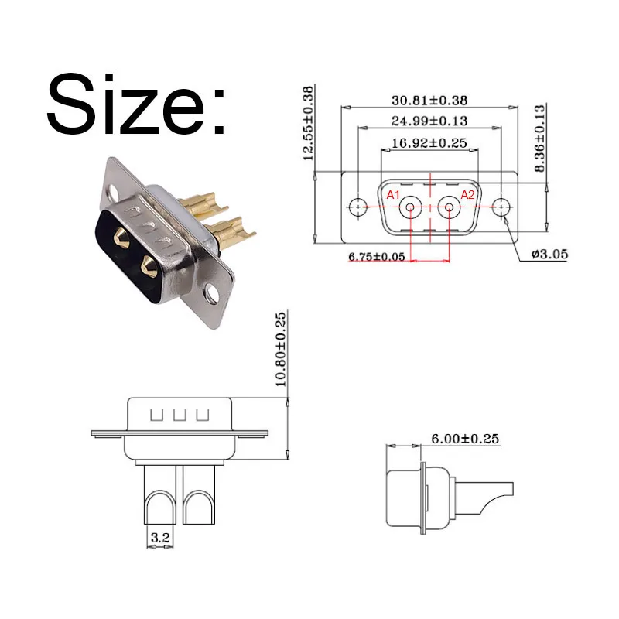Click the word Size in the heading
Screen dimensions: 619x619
point(125,104)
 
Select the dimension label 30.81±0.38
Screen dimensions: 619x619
point(429,101)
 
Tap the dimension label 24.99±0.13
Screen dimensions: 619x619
point(429,121)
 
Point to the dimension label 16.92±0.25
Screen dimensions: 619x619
point(429,142)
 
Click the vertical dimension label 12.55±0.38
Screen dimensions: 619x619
point(308,123)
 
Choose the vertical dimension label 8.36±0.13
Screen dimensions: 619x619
point(539,139)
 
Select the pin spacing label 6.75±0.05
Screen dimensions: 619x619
point(377,257)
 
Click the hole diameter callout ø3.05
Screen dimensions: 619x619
point(549,254)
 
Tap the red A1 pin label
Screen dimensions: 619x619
point(393,195)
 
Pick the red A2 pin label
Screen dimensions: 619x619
point(468,195)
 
